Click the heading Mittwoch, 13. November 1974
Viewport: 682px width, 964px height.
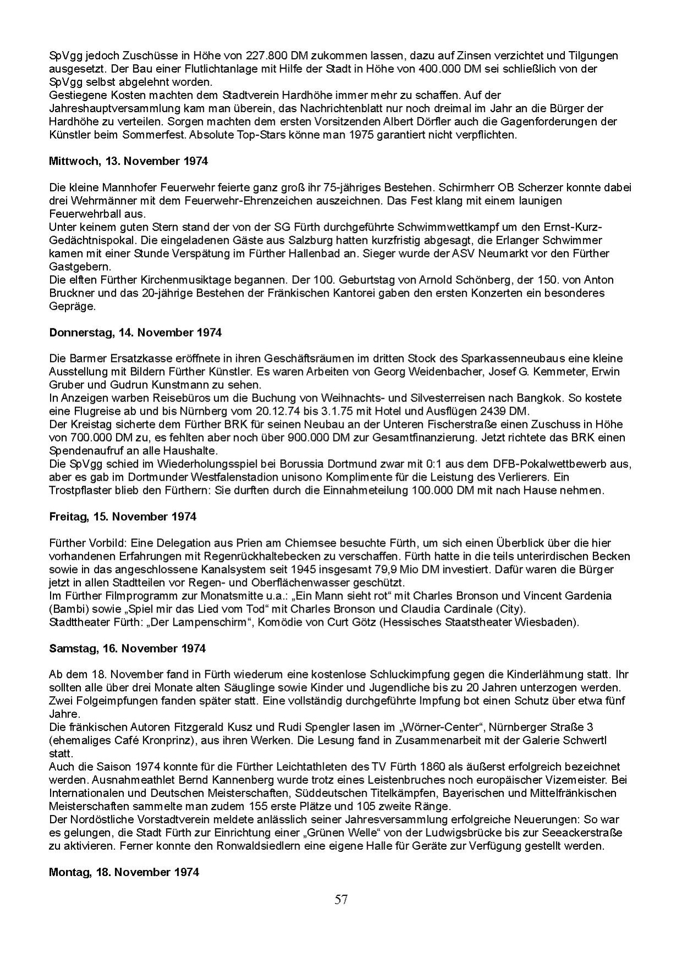click(129, 161)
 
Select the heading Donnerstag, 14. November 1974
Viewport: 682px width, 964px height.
click(135, 332)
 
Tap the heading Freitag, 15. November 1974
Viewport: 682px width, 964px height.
click(122, 516)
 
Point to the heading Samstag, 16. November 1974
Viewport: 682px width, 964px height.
click(127, 648)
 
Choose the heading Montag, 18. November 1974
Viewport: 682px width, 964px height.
click(124, 872)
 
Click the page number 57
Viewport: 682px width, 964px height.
click(341, 900)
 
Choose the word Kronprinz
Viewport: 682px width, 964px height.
click(164, 740)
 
